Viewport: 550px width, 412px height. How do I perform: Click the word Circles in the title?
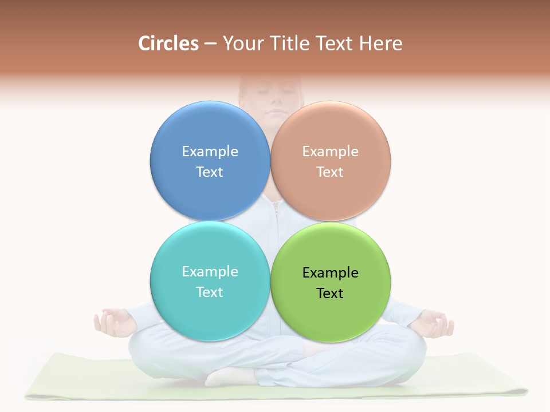click(x=168, y=43)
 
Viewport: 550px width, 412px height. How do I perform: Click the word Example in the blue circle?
click(x=210, y=151)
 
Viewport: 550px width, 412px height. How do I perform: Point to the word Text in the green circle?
click(x=330, y=293)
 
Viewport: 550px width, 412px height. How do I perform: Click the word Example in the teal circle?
click(x=210, y=271)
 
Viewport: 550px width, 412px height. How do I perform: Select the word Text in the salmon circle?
click(x=330, y=172)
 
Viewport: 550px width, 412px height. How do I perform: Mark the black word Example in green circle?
click(x=330, y=272)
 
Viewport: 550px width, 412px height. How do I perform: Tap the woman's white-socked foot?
click(x=229, y=376)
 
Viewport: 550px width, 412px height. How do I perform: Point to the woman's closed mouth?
click(x=273, y=110)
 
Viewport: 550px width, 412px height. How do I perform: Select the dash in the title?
click(x=210, y=44)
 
